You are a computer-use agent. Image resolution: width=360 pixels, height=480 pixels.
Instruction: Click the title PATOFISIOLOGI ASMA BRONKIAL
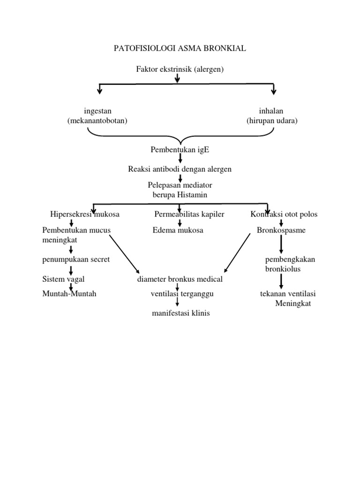180,48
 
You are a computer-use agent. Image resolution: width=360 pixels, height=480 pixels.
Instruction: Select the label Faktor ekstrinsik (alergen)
180,69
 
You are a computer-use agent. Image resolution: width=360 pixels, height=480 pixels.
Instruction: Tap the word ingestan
97,111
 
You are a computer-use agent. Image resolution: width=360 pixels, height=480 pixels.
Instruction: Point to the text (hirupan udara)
272,121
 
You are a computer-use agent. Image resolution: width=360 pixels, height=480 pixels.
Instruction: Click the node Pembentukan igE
180,150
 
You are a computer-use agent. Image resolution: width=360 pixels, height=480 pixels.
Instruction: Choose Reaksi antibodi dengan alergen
180,169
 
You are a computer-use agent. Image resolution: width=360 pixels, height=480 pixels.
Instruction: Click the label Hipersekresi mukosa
85,214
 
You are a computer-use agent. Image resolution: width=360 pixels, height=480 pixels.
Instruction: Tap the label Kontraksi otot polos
284,214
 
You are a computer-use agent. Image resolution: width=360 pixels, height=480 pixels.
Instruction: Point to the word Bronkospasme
281,231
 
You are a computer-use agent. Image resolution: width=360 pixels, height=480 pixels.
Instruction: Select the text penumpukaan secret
76,259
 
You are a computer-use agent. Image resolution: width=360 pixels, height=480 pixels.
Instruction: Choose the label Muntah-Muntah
69,294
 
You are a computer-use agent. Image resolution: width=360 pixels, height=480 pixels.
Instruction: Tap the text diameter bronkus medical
180,279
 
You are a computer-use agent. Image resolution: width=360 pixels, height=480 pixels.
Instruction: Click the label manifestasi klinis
180,313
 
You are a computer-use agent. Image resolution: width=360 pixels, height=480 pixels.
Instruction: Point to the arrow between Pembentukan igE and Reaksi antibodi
180,159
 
